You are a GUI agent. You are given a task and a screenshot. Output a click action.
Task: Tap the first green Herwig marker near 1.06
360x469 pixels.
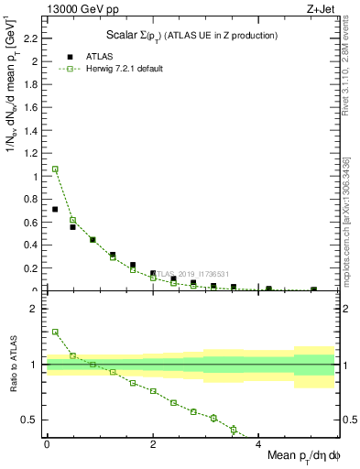[55, 169]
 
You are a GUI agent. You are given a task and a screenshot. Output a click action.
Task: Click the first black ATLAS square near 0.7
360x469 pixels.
[55, 210]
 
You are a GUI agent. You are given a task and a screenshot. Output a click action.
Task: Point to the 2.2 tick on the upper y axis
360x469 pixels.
[35, 38]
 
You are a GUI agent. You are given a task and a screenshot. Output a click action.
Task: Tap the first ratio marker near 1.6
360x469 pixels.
[55, 332]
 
